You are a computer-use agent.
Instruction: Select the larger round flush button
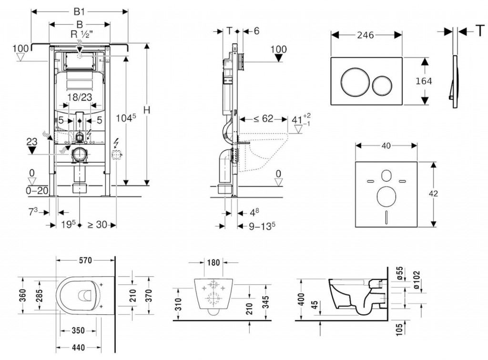pyautogui.click(x=353, y=81)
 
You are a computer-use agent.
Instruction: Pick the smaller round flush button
pyautogui.click(x=383, y=85)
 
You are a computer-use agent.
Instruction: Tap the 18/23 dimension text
pyautogui.click(x=79, y=97)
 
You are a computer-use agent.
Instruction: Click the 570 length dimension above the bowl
pyautogui.click(x=85, y=260)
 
